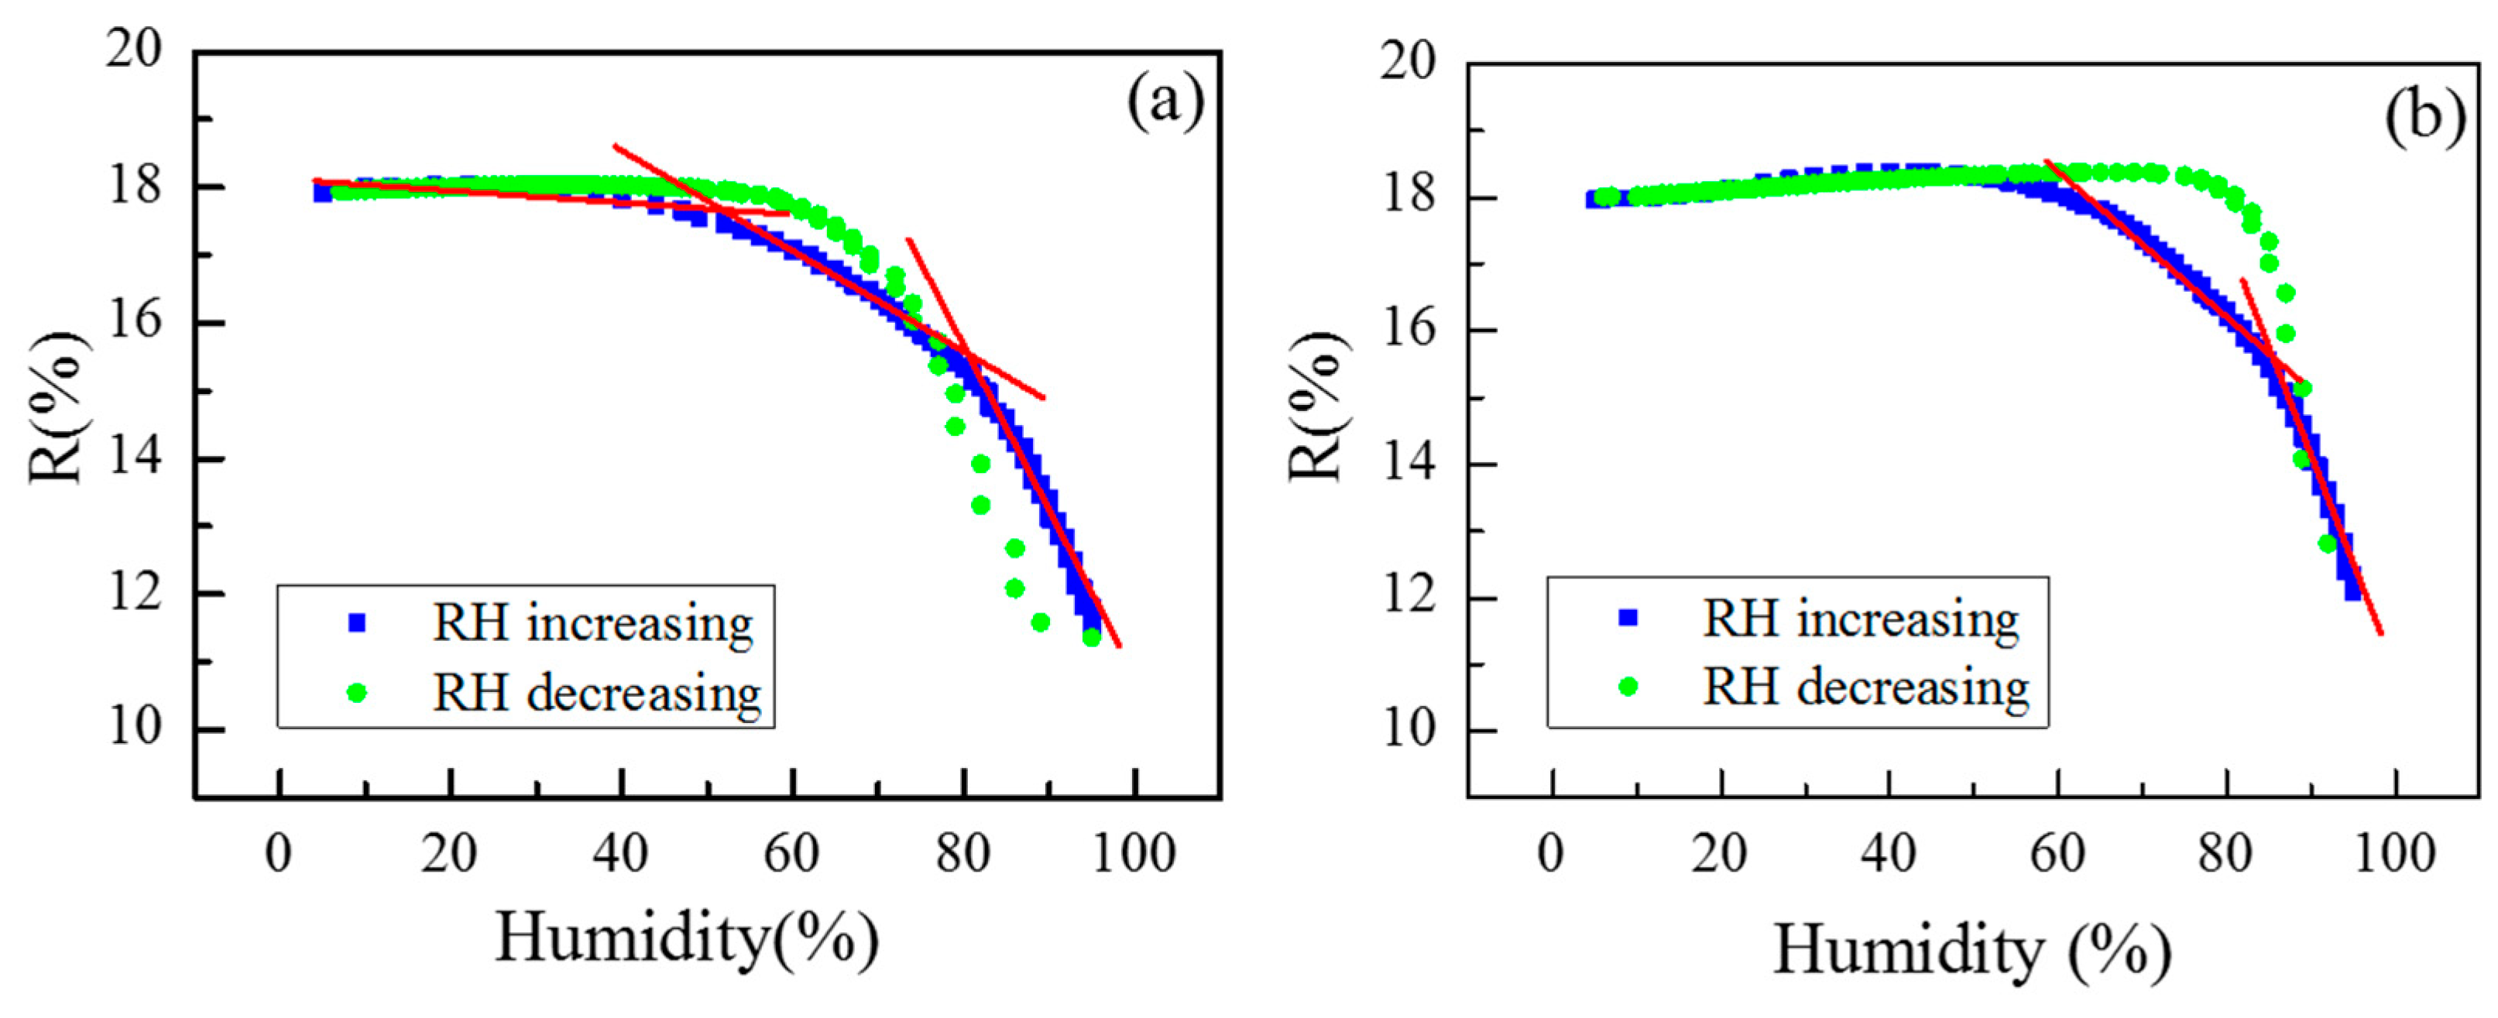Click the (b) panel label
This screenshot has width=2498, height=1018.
2424,118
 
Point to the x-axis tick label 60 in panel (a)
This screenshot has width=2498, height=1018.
791,854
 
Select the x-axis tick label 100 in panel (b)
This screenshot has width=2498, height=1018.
2394,854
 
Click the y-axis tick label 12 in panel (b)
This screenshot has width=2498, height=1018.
1408,596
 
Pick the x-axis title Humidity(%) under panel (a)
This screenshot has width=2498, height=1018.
687,938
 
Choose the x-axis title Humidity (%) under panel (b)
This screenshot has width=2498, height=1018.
1972,950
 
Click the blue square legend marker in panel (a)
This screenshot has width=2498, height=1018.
357,622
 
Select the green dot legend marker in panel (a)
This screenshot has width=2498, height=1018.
357,692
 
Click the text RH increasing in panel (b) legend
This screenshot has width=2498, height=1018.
1861,619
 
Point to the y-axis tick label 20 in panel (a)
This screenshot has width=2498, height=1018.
135,49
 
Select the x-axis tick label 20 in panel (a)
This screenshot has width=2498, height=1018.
448,854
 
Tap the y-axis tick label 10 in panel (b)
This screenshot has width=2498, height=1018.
1408,729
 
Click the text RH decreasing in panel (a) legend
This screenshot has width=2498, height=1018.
596,693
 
